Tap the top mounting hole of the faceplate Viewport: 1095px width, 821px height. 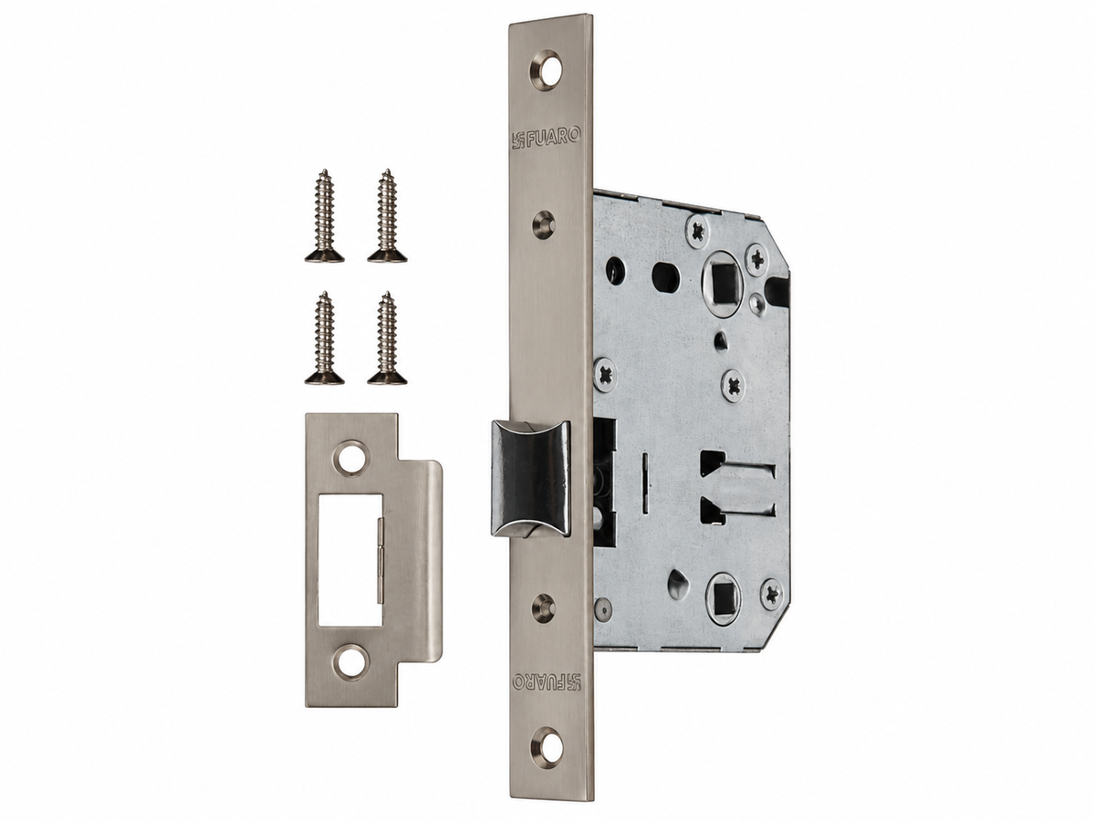(x=547, y=70)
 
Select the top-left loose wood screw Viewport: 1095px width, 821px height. (x=324, y=215)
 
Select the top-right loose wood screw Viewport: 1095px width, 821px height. (x=387, y=215)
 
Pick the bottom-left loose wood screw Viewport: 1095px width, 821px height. (x=324, y=338)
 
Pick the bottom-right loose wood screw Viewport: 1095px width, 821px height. (x=387, y=338)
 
